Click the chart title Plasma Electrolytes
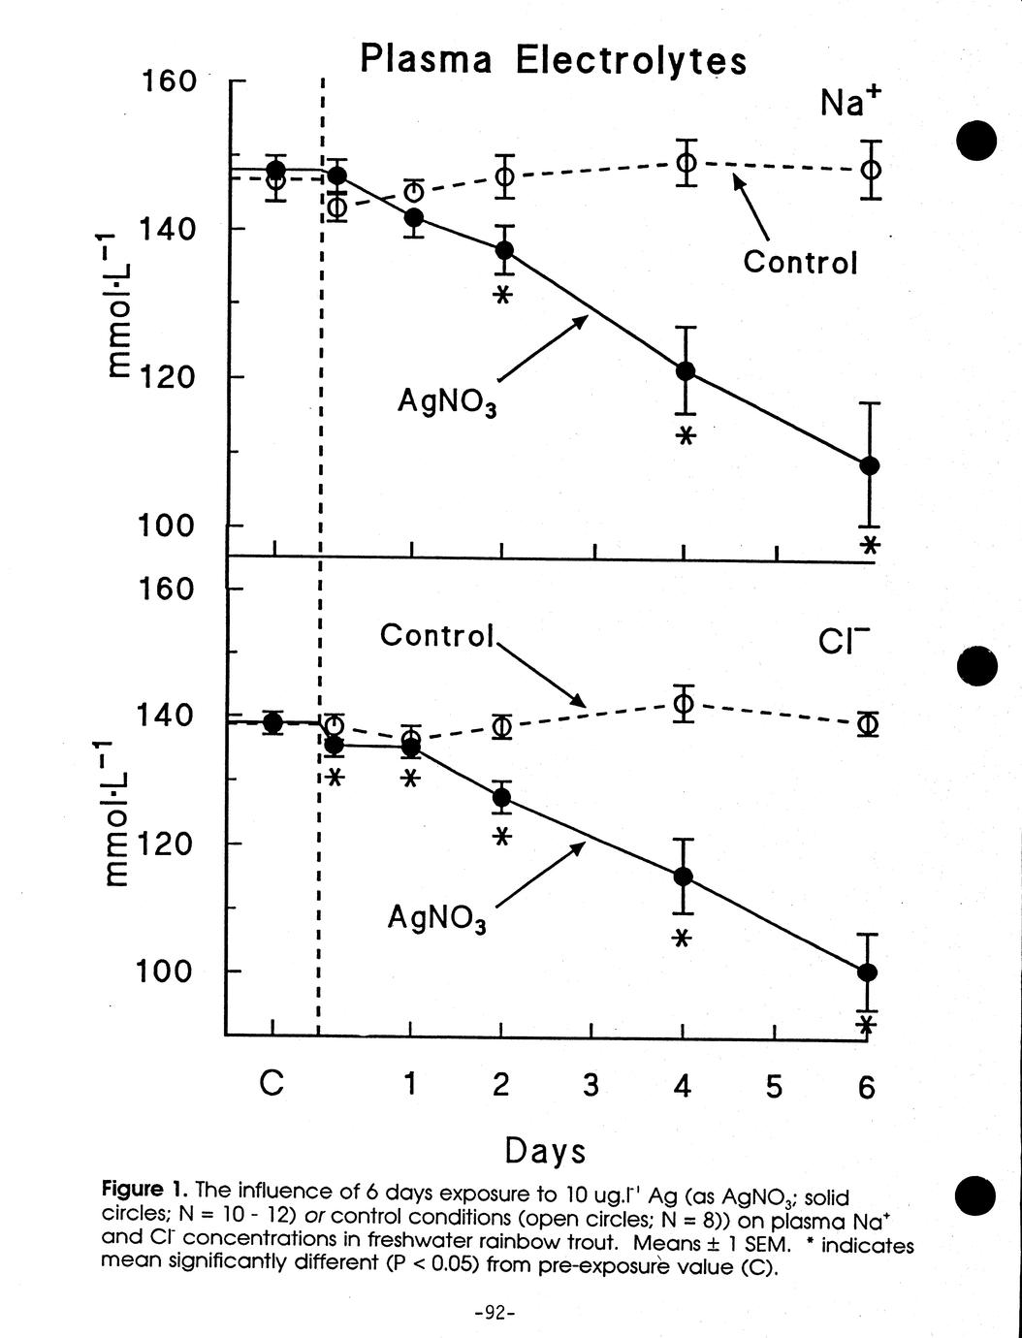(554, 60)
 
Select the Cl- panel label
(844, 641)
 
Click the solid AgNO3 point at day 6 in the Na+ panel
(870, 465)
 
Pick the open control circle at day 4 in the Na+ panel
(686, 162)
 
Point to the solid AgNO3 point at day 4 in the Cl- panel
(683, 876)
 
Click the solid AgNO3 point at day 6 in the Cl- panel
(868, 972)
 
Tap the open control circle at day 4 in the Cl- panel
(684, 703)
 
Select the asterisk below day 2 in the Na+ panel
(501, 296)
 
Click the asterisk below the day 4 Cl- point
(682, 938)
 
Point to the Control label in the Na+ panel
(800, 263)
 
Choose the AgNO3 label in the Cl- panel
(436, 917)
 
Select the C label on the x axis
(272, 1084)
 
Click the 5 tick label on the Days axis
(773, 1087)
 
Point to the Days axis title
(545, 1151)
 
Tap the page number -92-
(495, 1313)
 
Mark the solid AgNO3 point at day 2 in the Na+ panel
(504, 250)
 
